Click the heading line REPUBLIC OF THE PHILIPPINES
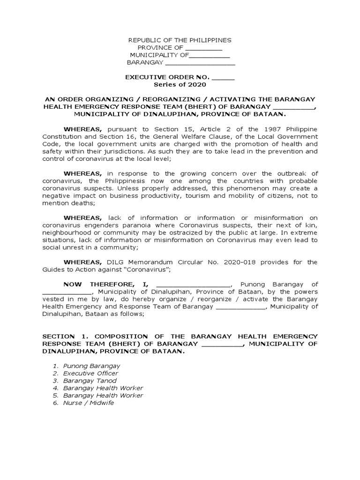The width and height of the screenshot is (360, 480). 180,41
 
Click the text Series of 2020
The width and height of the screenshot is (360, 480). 180,85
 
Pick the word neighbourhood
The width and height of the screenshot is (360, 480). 64,232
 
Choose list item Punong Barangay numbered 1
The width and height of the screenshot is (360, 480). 91,366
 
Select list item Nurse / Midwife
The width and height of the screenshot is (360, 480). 88,403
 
